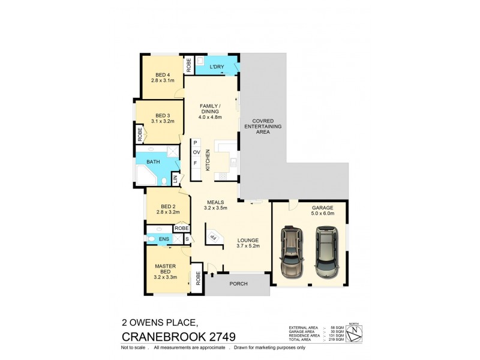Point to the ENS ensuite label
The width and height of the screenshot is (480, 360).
(155, 238)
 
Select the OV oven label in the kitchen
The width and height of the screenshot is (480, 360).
(196, 153)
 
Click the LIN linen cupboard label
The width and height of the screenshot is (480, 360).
(175, 178)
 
